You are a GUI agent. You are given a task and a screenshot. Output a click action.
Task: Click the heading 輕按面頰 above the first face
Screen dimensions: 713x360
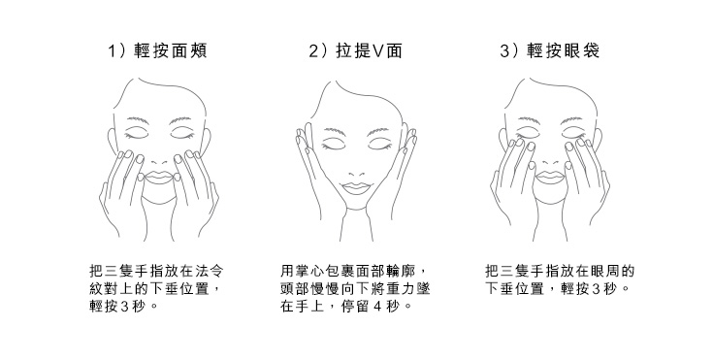(171, 50)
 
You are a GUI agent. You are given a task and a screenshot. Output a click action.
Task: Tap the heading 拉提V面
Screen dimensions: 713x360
(370, 50)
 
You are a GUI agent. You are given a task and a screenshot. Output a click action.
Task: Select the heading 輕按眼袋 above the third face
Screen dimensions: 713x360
(564, 50)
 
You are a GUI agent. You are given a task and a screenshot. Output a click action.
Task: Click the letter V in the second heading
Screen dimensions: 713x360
(378, 51)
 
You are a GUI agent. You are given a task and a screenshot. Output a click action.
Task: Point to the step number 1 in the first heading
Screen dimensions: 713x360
(112, 51)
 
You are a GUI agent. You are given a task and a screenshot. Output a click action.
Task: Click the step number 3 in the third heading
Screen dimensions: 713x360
(504, 51)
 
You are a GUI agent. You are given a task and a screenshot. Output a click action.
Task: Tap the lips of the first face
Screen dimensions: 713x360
(158, 177)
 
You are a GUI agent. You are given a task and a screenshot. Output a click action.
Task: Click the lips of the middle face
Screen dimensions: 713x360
(356, 186)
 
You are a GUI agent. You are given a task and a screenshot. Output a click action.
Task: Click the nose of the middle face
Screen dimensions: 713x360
(356, 171)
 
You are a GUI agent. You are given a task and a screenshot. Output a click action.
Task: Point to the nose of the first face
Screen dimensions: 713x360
(158, 161)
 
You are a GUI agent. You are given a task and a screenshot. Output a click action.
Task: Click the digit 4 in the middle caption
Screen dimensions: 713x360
(377, 307)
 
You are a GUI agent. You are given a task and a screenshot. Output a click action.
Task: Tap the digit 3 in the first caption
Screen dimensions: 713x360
(124, 307)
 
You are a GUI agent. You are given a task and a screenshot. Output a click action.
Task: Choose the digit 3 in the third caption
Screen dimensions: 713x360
(598, 288)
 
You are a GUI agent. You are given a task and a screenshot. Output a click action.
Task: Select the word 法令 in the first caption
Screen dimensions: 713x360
(210, 272)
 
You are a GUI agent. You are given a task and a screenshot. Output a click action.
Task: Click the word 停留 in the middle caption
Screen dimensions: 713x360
(356, 307)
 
